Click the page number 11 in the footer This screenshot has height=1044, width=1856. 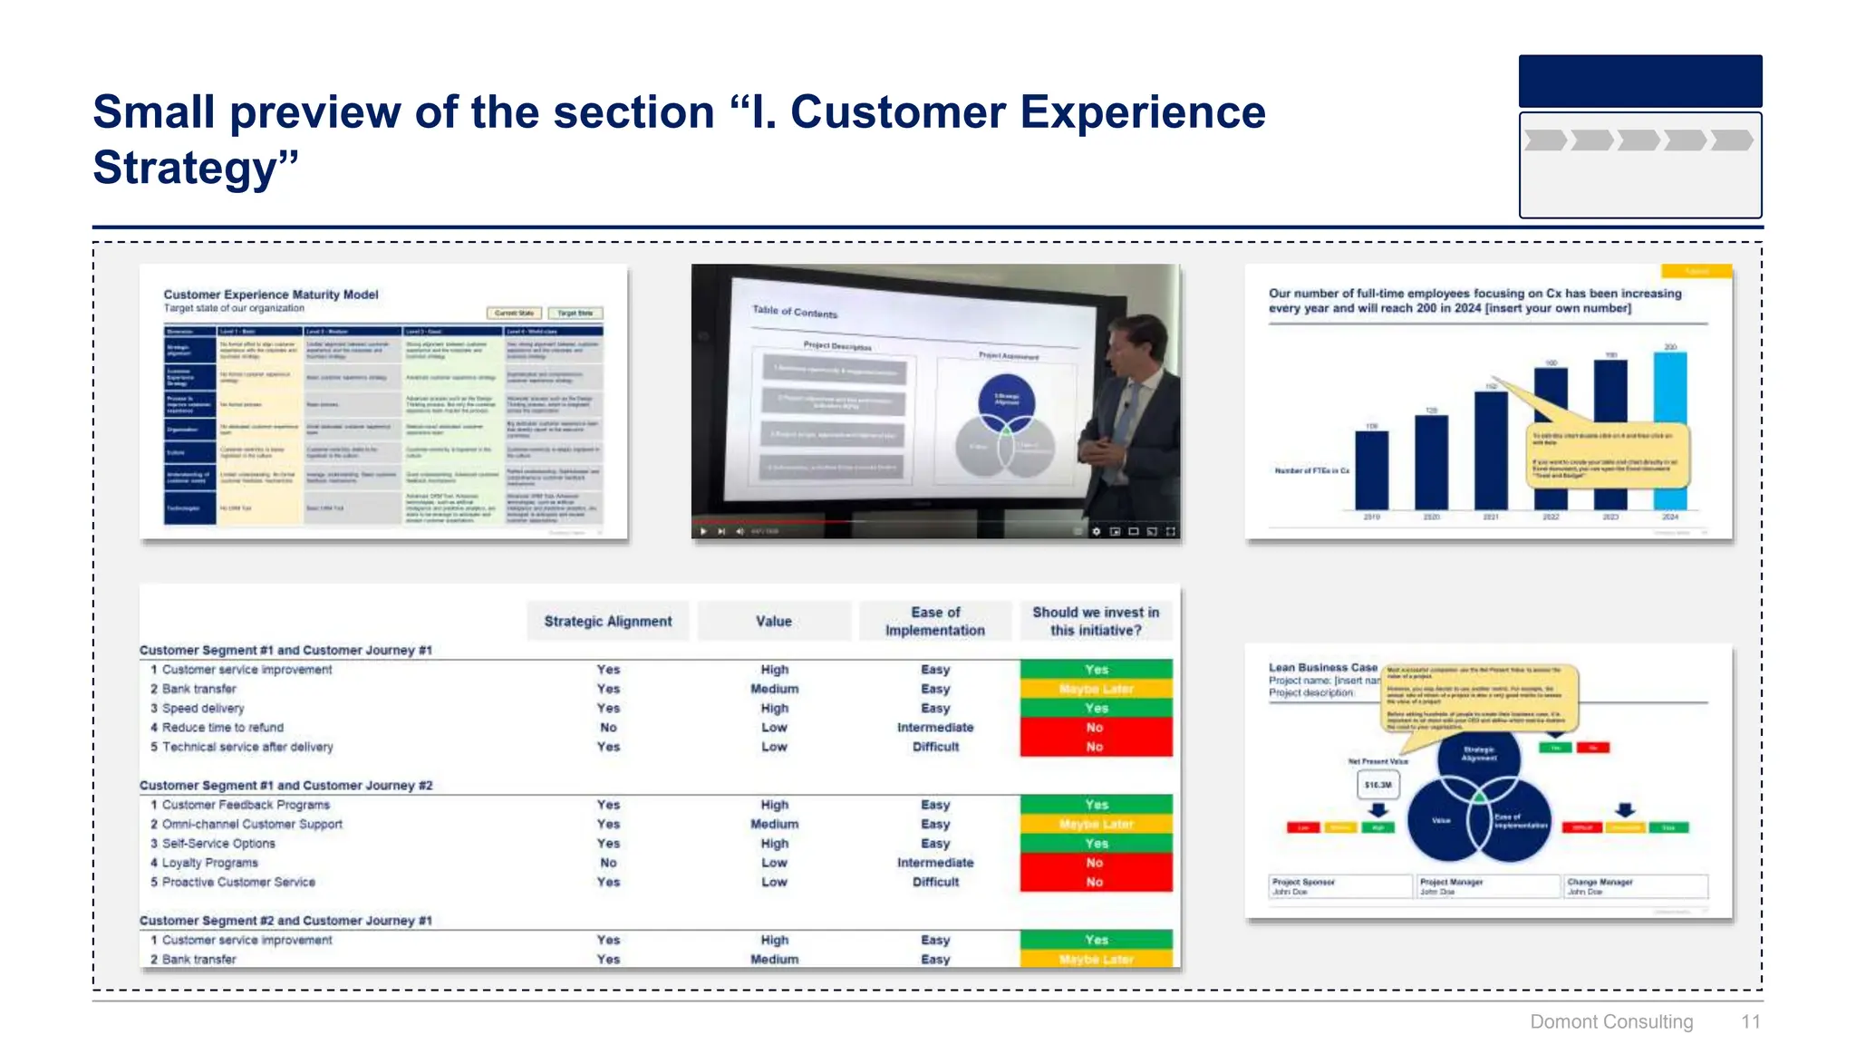point(1750,1021)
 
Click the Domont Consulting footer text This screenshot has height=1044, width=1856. point(1610,1021)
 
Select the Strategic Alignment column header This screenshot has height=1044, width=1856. point(608,621)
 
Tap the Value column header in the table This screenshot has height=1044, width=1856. point(774,621)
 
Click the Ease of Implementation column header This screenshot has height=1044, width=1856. point(935,621)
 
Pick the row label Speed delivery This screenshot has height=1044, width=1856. point(203,708)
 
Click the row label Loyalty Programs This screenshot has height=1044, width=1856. point(210,863)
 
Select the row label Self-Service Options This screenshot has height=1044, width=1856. point(218,843)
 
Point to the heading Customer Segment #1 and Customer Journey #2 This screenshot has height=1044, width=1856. point(286,785)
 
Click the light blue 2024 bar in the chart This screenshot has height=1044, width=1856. point(1670,431)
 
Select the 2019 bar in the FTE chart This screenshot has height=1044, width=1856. point(1371,469)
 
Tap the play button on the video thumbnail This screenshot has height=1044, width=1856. point(703,531)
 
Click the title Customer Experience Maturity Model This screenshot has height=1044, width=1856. point(271,295)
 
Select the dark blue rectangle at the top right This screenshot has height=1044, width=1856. point(1639,82)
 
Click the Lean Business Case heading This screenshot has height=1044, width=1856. point(1322,667)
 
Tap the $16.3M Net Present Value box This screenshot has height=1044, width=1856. point(1377,785)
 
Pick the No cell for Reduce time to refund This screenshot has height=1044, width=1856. point(1096,728)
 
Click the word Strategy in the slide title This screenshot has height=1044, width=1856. point(185,169)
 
